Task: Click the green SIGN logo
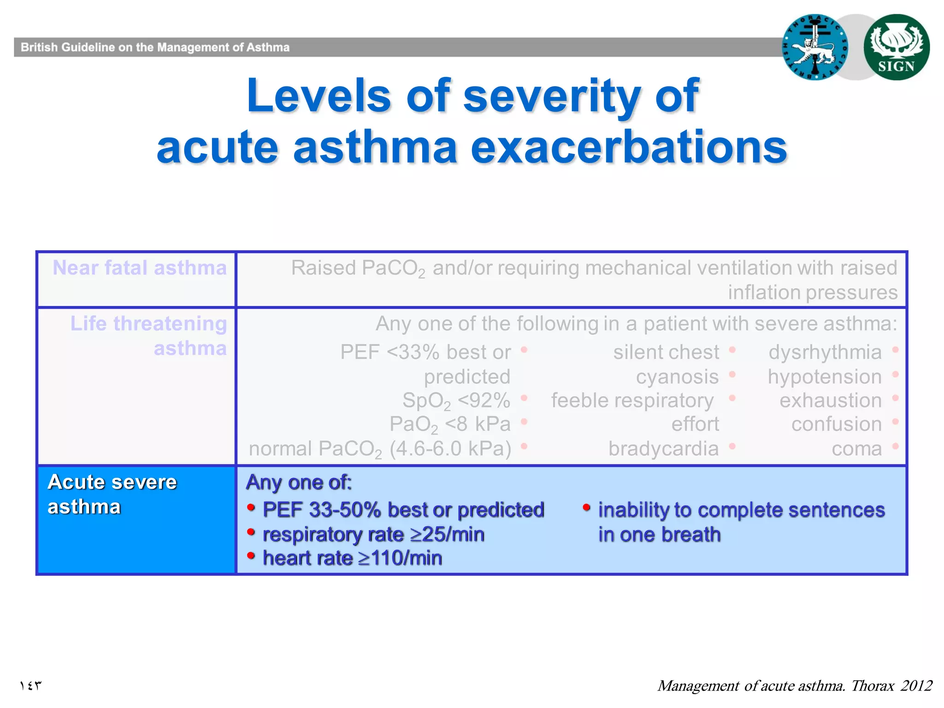coord(896,47)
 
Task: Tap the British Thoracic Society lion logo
coord(814,47)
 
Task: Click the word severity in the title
coord(551,96)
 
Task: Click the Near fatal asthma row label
coord(140,268)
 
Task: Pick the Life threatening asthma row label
coord(148,336)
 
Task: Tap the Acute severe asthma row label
coord(112,494)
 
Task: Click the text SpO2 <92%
coord(456,401)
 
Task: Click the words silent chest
coord(666,352)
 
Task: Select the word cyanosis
coord(677,377)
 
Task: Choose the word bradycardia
coord(663,448)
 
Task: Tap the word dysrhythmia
coord(825,352)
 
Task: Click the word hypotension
coord(825,377)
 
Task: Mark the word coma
coord(856,448)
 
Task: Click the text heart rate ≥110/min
coord(352,558)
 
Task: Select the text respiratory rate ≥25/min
coord(373,535)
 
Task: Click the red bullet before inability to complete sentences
coord(586,508)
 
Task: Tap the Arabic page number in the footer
coord(30,685)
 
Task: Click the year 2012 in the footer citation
coord(916,685)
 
